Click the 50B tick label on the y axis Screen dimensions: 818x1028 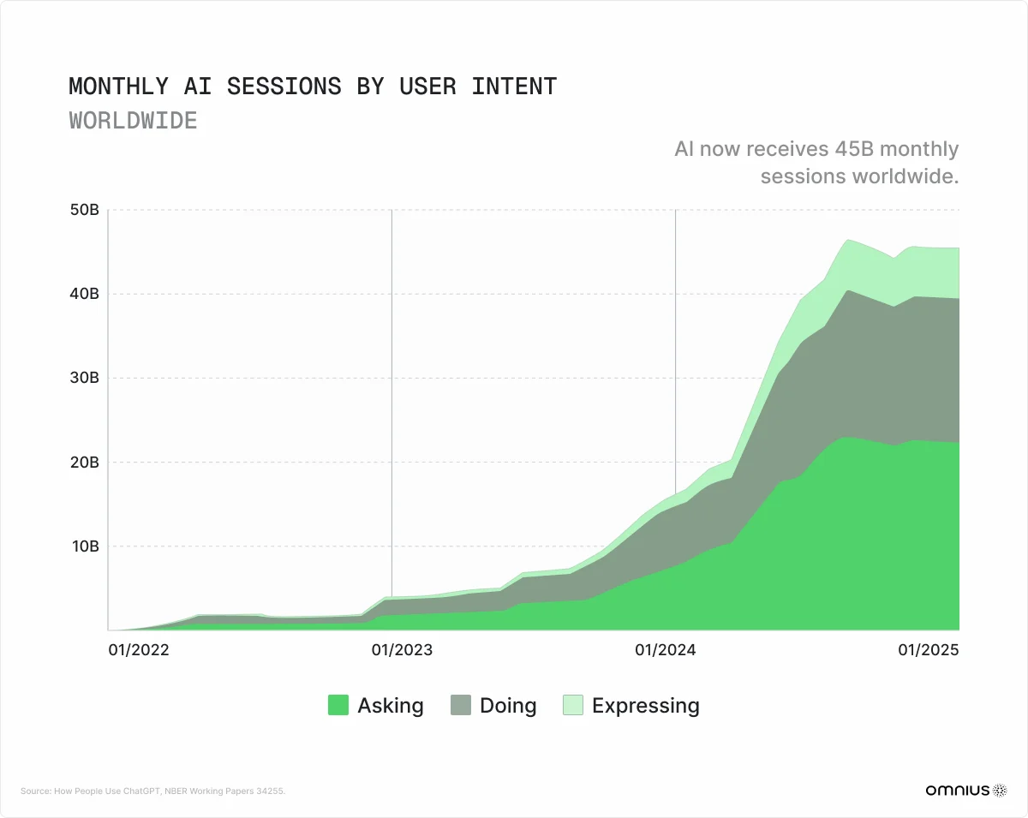click(85, 210)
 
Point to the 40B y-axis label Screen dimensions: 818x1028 click(85, 294)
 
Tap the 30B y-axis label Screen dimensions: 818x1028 click(85, 378)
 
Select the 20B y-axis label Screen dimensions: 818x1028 click(85, 462)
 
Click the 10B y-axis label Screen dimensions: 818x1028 click(85, 546)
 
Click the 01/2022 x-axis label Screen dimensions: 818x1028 click(138, 650)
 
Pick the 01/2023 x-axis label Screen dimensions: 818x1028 click(402, 650)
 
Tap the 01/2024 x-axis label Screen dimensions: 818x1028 click(665, 650)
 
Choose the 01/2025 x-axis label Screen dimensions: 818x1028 click(928, 650)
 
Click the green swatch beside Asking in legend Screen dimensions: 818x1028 click(338, 706)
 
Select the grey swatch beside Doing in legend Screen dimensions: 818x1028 click(460, 706)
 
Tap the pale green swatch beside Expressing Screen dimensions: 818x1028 click(572, 706)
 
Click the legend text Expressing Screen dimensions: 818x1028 click(645, 706)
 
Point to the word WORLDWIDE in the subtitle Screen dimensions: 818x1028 click(133, 120)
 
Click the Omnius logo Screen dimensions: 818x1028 click(966, 791)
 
